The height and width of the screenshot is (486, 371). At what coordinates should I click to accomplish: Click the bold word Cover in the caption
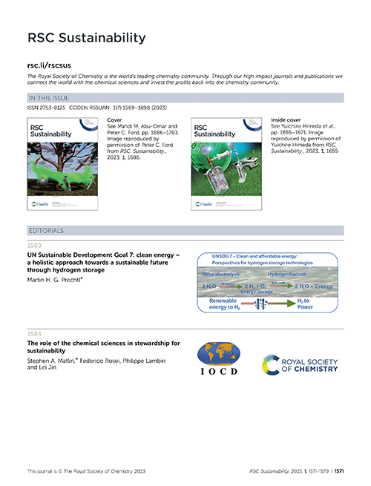(115, 119)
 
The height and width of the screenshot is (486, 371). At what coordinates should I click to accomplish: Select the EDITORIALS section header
(47, 231)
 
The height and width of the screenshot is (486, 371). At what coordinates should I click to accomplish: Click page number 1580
(34, 245)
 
